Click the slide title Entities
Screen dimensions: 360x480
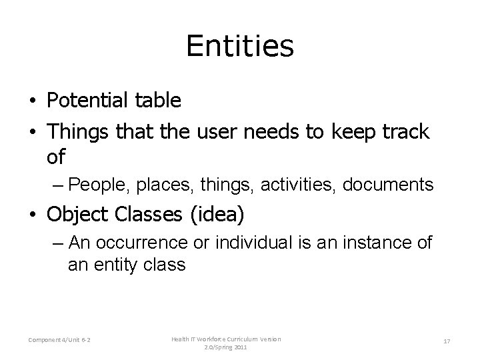(240, 46)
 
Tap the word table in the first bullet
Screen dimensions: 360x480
(157, 101)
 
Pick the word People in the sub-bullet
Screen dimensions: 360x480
(93, 184)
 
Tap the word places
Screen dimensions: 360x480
(148, 184)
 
